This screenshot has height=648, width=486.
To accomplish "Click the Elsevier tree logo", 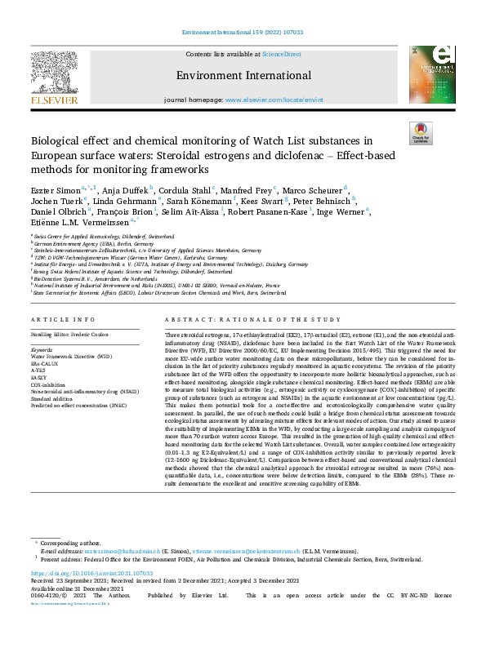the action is coord(55,75).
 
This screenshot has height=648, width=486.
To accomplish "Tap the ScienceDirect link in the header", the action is coord(281,54).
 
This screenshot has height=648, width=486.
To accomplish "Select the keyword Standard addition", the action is coord(53,398).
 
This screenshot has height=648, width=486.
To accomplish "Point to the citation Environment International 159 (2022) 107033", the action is coord(243,33).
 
